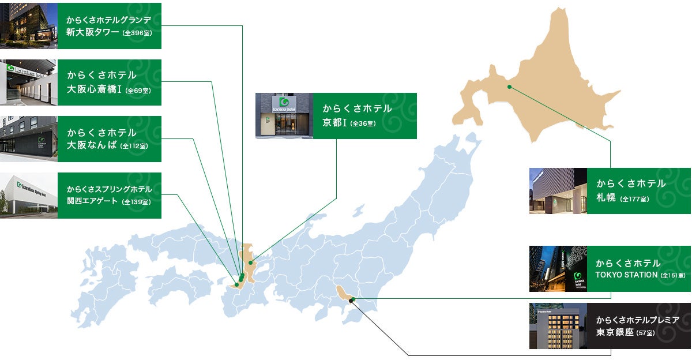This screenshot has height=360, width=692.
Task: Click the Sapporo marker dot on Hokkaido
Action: pyautogui.click(x=509, y=87)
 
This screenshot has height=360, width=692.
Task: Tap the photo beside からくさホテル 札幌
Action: pyautogui.click(x=558, y=191)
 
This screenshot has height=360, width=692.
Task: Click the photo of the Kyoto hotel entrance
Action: pyautogui.click(x=284, y=115)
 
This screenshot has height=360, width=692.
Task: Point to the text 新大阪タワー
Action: pyautogui.click(x=93, y=32)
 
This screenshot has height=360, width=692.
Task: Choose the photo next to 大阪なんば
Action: pyautogui.click(x=29, y=138)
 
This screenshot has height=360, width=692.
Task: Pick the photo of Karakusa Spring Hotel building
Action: pyautogui.click(x=29, y=195)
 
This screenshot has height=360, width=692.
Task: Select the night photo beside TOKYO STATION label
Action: pyautogui.click(x=558, y=268)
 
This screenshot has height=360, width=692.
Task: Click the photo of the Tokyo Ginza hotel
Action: pyautogui.click(x=558, y=326)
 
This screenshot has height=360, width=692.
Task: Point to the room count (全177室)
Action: pyautogui.click(x=635, y=199)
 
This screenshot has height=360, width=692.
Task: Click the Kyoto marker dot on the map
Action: pyautogui.click(x=251, y=262)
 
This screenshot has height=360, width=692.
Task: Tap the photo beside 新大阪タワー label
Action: pyautogui.click(x=29, y=25)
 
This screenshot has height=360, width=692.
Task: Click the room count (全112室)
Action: pyautogui.click(x=134, y=146)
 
